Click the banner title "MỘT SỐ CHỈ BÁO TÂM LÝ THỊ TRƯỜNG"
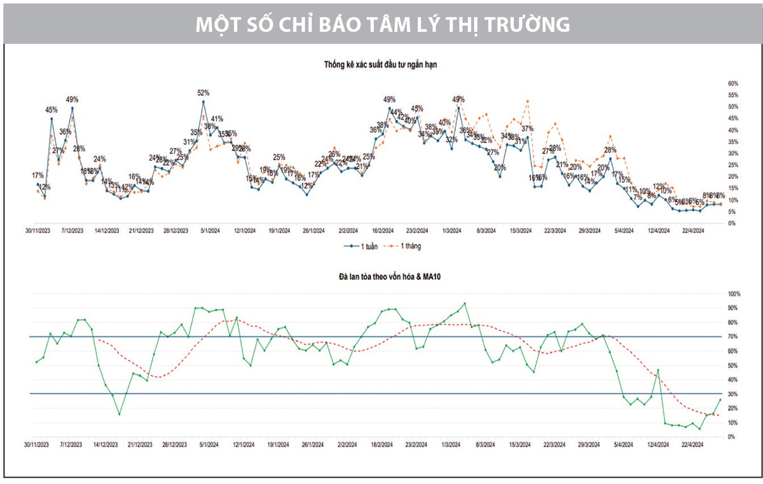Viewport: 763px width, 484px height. click(x=381, y=24)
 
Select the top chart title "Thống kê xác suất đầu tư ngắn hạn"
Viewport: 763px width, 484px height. click(x=380, y=64)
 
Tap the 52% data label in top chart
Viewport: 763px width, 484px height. click(x=203, y=93)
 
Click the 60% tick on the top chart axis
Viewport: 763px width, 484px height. click(x=732, y=83)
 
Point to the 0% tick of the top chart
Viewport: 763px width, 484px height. click(x=732, y=223)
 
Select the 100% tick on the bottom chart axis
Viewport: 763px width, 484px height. click(x=734, y=294)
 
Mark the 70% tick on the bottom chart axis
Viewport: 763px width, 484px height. click(x=734, y=336)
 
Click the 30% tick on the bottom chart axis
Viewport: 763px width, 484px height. click(x=734, y=394)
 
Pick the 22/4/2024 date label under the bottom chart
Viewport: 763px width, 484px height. click(x=692, y=445)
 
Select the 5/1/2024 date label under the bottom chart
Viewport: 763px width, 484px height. click(x=210, y=445)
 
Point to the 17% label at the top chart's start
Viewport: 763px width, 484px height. click(x=38, y=175)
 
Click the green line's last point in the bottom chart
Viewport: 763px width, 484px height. click(x=720, y=399)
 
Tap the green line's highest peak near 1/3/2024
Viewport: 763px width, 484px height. click(x=465, y=303)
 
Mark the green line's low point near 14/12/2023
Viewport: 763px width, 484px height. click(x=119, y=414)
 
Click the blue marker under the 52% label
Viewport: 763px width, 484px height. click(x=203, y=102)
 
